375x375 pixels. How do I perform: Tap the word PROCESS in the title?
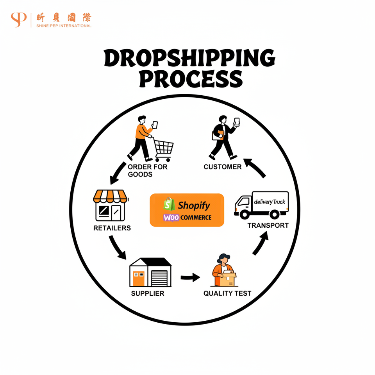coord(191,79)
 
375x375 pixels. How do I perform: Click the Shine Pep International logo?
coord(51,20)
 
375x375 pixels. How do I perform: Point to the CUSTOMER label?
coord(223,167)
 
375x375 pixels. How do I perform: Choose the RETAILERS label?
coord(112,228)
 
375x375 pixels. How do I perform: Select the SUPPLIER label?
coord(148,293)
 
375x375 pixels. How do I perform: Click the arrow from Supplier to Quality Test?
coord(190,278)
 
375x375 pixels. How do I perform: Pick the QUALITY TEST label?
coord(227,293)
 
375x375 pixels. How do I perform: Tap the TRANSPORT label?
coord(268,225)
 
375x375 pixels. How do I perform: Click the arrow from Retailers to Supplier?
coord(117,248)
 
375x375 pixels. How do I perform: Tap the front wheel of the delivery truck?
coord(245,214)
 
